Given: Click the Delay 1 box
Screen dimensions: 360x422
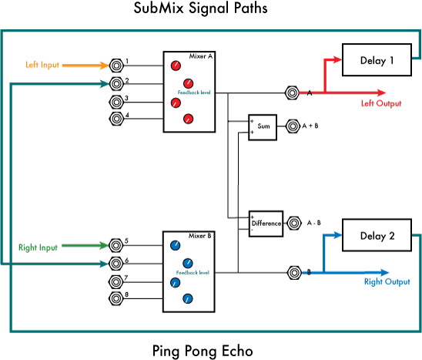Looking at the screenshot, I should (x=377, y=60).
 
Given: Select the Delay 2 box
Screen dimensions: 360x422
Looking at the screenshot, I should (x=377, y=237).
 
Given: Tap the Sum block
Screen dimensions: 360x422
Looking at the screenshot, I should (x=262, y=126).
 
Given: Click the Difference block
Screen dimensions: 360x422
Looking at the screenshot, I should (x=266, y=224).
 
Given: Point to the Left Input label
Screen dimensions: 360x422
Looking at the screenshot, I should (x=43, y=66).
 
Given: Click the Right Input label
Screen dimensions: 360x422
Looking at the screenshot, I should (x=39, y=247).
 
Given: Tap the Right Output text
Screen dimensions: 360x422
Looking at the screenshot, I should (x=387, y=282).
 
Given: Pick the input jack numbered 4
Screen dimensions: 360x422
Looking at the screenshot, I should (x=116, y=119).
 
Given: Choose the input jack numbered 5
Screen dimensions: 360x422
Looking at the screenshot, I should (x=116, y=246).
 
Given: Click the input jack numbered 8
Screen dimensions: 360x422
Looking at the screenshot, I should (x=116, y=298).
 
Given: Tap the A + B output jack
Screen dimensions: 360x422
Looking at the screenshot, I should (x=291, y=126).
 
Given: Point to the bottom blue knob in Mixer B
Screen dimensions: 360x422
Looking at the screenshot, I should (x=187, y=298).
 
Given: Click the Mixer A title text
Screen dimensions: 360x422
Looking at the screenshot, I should (x=202, y=56).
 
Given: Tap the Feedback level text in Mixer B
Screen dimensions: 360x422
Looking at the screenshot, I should (x=193, y=273).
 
